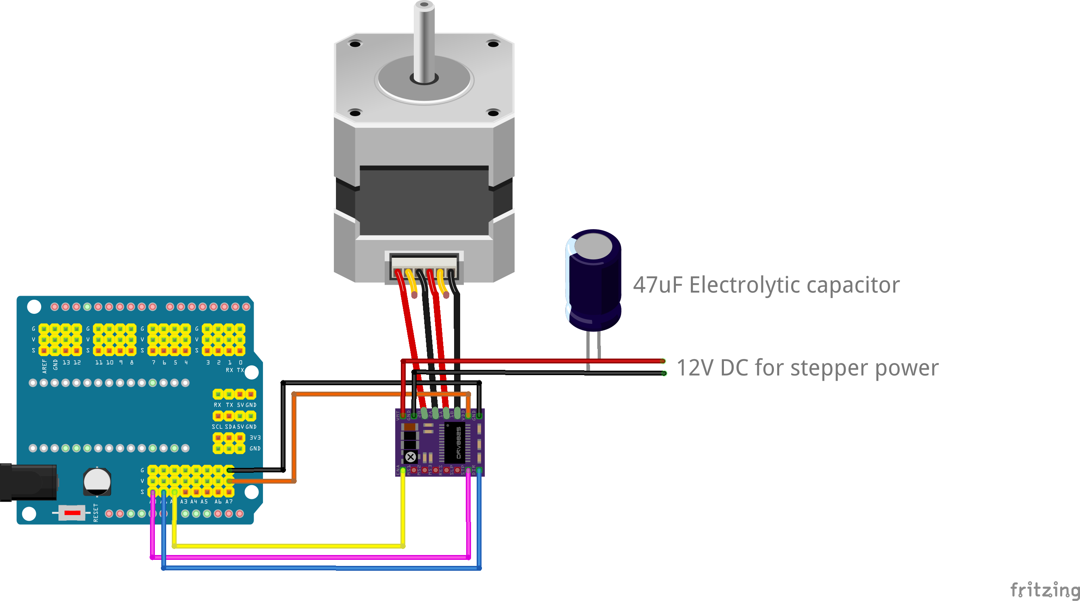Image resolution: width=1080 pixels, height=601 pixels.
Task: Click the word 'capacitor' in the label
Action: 853,285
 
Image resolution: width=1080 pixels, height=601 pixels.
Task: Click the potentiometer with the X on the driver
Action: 411,457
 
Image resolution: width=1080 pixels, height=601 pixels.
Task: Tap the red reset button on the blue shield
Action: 72,513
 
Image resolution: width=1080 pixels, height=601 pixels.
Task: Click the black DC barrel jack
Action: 28,482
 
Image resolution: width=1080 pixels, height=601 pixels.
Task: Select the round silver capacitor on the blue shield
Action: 97,482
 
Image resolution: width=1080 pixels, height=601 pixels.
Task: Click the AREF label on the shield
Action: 44,366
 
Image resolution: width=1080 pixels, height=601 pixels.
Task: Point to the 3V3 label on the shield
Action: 255,437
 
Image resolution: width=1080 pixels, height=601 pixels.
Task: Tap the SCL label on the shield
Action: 217,426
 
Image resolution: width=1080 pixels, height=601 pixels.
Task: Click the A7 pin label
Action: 229,502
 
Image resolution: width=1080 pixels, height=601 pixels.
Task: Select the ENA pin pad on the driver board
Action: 403,471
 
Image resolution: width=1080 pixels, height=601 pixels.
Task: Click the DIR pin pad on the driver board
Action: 479,471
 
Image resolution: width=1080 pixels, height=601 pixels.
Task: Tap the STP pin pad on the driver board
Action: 468,471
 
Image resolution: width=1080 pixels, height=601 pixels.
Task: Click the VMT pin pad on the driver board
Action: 403,415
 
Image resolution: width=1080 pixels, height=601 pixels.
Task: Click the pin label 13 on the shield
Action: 66,362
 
